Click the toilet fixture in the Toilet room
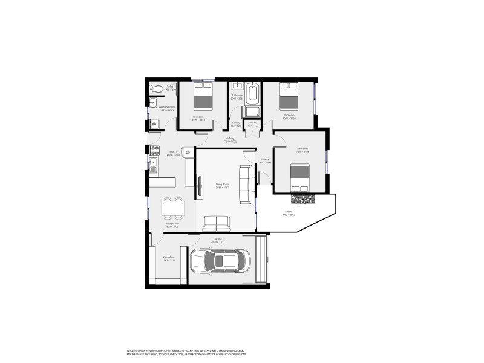pos(157,89)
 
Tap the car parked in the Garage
pos(220,261)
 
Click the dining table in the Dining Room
pos(172,209)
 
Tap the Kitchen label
pos(173,154)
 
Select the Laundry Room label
pos(166,109)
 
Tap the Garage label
pos(218,240)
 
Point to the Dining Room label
pos(172,225)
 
